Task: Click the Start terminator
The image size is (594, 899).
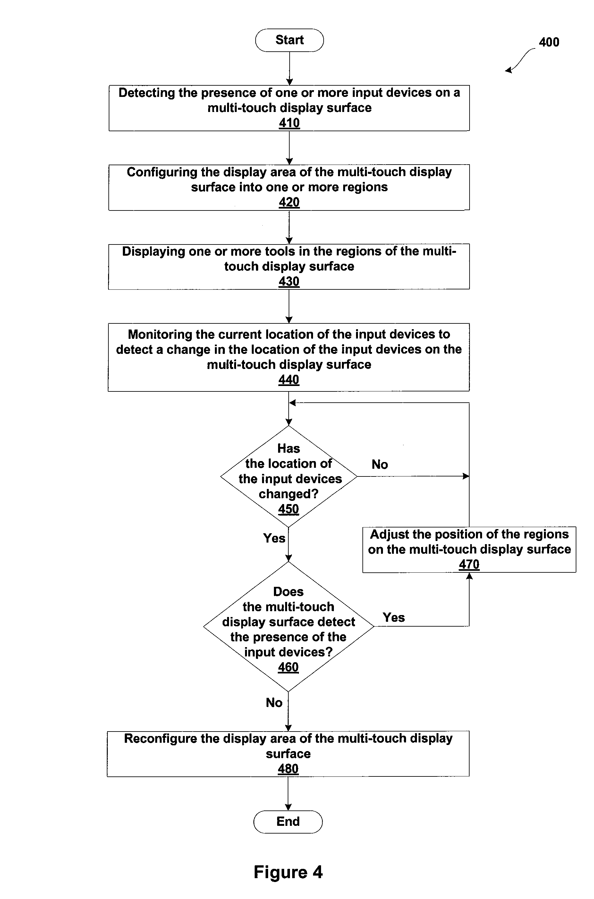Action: pos(289,40)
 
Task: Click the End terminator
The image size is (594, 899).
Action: pos(288,822)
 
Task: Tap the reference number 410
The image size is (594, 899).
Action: pos(289,123)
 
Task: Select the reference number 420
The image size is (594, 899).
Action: pos(289,202)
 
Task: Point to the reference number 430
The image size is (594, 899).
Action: pos(289,281)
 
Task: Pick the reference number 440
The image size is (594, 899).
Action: pos(289,380)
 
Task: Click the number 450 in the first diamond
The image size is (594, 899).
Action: pos(289,509)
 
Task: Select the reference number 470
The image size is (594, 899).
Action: pos(469,564)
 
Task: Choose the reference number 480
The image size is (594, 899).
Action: pos(288,768)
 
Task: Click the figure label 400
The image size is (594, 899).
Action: pos(549,42)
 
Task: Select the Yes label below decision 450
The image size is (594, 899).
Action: pos(274,538)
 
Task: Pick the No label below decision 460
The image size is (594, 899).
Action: pos(274,702)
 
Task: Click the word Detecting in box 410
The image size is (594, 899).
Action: pos(147,93)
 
